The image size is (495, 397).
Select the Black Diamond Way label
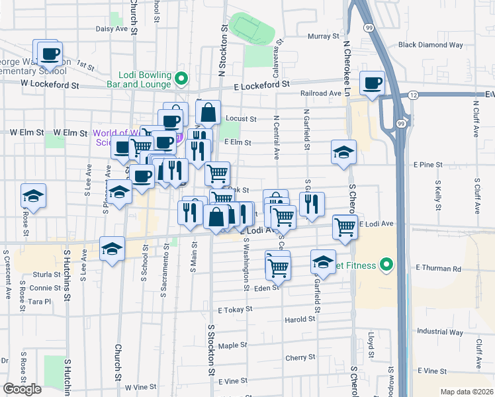[x=426, y=45]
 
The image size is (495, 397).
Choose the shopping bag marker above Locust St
[x=208, y=113]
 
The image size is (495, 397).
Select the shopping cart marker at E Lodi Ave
[x=345, y=227]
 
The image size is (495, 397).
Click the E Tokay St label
[x=236, y=309]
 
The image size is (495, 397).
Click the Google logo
[x=22, y=389]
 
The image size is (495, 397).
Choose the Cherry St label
[x=295, y=357]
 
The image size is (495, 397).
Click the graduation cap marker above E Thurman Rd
[x=323, y=262]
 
